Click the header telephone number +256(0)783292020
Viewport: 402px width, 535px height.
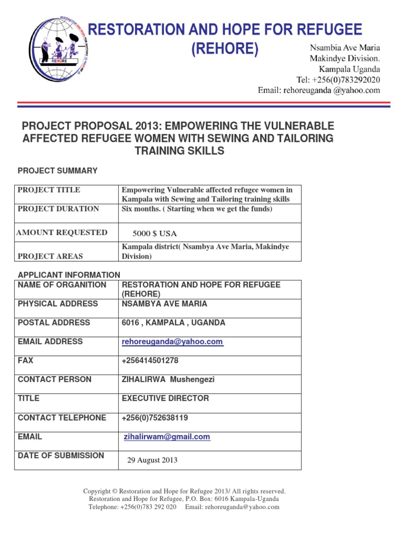(338, 80)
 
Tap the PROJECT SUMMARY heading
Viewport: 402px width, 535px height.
(58, 171)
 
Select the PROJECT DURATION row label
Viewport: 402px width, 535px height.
(58, 209)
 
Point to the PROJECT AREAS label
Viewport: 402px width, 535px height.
(50, 257)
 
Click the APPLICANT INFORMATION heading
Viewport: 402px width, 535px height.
(69, 275)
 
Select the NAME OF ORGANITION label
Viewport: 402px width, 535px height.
(62, 285)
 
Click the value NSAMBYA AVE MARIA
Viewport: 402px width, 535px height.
(164, 304)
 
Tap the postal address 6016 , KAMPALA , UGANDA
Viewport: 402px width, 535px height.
(173, 323)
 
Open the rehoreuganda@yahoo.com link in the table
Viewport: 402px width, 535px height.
(172, 342)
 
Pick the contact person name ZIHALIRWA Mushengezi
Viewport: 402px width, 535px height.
(168, 379)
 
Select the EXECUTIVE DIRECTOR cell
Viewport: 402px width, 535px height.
(165, 398)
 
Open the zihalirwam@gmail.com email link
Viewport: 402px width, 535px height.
(167, 437)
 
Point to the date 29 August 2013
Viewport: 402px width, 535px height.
(152, 460)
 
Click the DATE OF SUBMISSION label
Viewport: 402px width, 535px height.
(61, 456)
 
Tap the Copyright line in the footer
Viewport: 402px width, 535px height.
(184, 491)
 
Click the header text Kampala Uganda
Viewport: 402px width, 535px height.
(350, 69)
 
